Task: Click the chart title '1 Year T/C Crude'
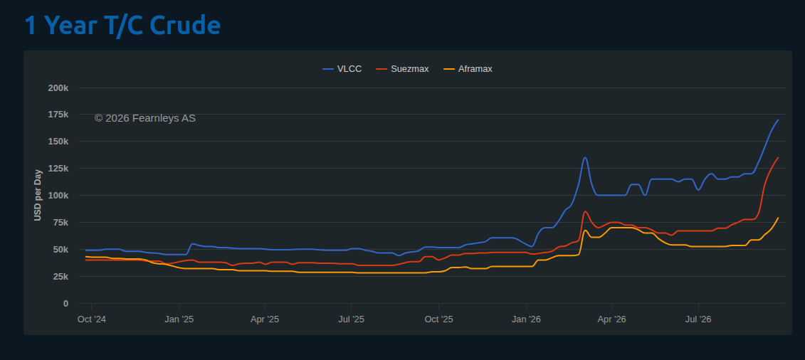point(122,25)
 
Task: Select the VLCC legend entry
point(342,69)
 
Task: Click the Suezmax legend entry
point(403,69)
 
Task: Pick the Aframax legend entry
point(468,69)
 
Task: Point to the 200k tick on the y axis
point(58,88)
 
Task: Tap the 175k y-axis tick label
point(58,115)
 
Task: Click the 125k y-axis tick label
point(58,168)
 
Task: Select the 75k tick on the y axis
point(60,223)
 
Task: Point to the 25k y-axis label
point(60,277)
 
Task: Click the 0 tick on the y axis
point(65,304)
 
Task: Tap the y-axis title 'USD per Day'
point(38,195)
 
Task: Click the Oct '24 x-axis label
point(91,319)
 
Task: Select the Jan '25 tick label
point(179,319)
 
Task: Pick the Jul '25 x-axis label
point(351,319)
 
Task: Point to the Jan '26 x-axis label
point(527,319)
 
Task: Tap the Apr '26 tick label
point(612,319)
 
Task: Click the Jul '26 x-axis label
point(699,319)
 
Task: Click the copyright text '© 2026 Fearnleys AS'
point(144,119)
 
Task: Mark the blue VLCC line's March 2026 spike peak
point(585,157)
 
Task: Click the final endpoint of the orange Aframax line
point(778,218)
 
